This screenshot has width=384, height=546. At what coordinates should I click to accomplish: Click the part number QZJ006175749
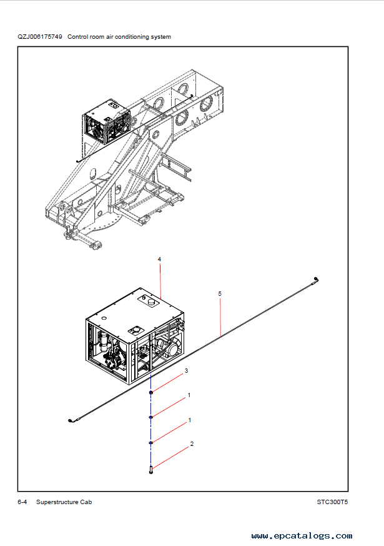pos(40,36)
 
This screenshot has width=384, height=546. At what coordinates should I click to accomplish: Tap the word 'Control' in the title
pos(77,36)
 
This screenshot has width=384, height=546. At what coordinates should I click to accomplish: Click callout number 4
pos(159,260)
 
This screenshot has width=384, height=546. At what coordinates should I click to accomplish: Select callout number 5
pos(220,294)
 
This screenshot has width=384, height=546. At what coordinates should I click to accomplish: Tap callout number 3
pos(186,370)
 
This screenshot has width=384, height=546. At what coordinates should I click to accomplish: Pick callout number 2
pos(192,444)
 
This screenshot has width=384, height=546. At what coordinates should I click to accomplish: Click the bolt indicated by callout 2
pos(151,470)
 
